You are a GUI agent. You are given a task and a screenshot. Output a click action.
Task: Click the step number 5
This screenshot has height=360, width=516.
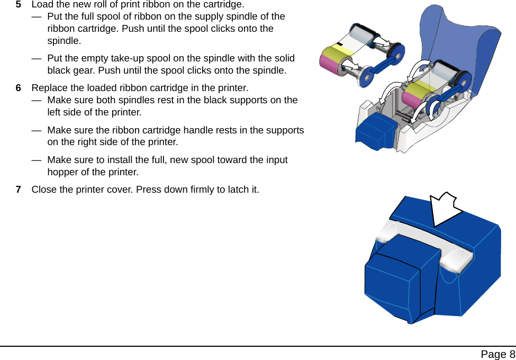(x=19, y=4)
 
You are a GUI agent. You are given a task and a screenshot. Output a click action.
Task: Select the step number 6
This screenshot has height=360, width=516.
(x=19, y=87)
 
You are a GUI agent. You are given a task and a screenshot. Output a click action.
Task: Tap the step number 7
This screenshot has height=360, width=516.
(x=19, y=190)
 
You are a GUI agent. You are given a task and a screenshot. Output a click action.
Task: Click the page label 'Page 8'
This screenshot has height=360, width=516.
(x=497, y=354)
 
